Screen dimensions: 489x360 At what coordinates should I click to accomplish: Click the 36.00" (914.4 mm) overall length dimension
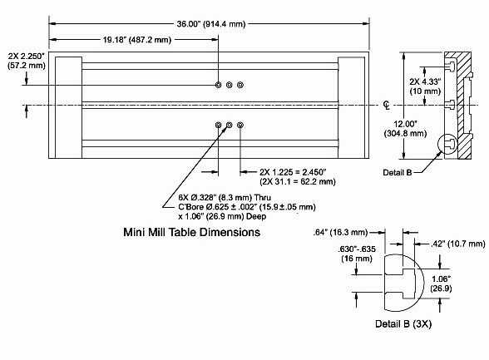[211, 24]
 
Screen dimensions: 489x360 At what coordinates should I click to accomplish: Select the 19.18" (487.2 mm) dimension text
[137, 40]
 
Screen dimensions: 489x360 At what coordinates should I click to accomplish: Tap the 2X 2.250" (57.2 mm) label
[27, 61]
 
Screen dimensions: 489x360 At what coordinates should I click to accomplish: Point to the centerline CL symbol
[387, 106]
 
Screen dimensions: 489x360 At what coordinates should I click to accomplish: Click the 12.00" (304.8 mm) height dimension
[405, 129]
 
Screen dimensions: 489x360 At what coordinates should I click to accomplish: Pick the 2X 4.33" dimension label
[426, 81]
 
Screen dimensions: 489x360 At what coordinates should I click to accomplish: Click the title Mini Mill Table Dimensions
[192, 232]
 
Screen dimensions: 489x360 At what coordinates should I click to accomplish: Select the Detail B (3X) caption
[403, 324]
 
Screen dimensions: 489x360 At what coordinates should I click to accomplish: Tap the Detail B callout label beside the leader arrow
[398, 172]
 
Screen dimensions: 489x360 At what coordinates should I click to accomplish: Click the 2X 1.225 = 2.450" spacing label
[293, 172]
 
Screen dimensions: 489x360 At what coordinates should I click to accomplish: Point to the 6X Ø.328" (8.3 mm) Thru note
[225, 198]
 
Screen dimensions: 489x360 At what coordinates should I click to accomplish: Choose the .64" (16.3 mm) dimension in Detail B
[341, 233]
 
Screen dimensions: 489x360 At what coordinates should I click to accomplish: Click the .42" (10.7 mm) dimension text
[457, 244]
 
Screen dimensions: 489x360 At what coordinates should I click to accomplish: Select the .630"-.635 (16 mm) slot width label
[357, 254]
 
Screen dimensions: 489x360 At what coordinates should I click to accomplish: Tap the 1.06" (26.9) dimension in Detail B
[441, 284]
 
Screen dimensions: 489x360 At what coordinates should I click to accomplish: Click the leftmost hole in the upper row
[218, 85]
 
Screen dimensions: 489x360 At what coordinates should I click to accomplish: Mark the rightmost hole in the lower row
[240, 125]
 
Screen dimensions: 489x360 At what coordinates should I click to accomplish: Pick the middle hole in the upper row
[230, 85]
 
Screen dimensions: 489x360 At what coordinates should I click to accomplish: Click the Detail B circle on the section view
[438, 144]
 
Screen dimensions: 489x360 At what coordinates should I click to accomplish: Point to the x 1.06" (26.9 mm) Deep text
[222, 216]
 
